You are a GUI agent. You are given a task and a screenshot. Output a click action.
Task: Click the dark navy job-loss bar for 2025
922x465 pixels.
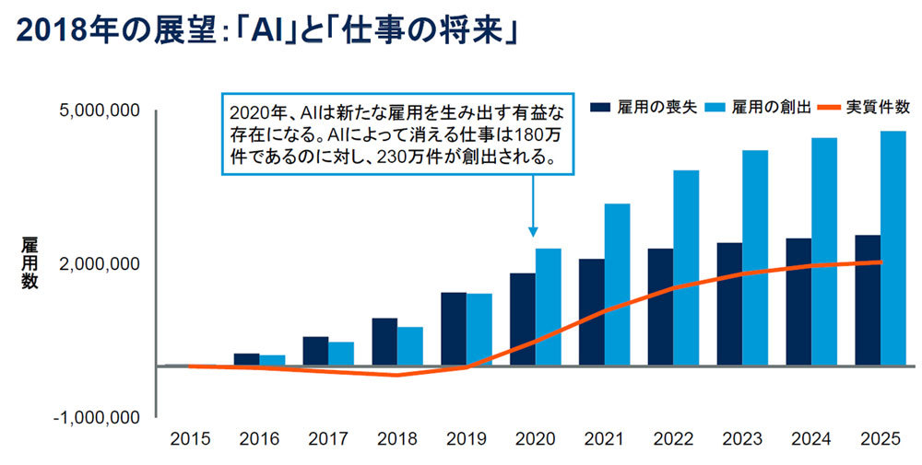(x=868, y=300)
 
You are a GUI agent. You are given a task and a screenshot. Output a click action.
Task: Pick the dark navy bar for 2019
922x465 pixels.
(x=453, y=329)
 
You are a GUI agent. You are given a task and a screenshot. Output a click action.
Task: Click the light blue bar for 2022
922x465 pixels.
(x=686, y=268)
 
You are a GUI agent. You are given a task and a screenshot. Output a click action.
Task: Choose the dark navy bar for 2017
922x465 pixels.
(x=315, y=351)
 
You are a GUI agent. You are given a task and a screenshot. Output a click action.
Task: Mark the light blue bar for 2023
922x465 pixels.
(x=755, y=258)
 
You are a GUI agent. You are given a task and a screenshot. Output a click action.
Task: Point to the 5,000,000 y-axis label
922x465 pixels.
(x=99, y=111)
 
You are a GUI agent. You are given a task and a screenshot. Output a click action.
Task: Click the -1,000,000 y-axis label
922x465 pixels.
(x=97, y=417)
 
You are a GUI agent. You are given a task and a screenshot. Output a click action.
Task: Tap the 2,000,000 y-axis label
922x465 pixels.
(x=99, y=264)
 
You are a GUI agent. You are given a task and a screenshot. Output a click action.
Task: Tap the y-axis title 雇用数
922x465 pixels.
(x=30, y=262)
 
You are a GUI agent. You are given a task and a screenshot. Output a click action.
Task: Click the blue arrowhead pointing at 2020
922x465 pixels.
(x=533, y=231)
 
